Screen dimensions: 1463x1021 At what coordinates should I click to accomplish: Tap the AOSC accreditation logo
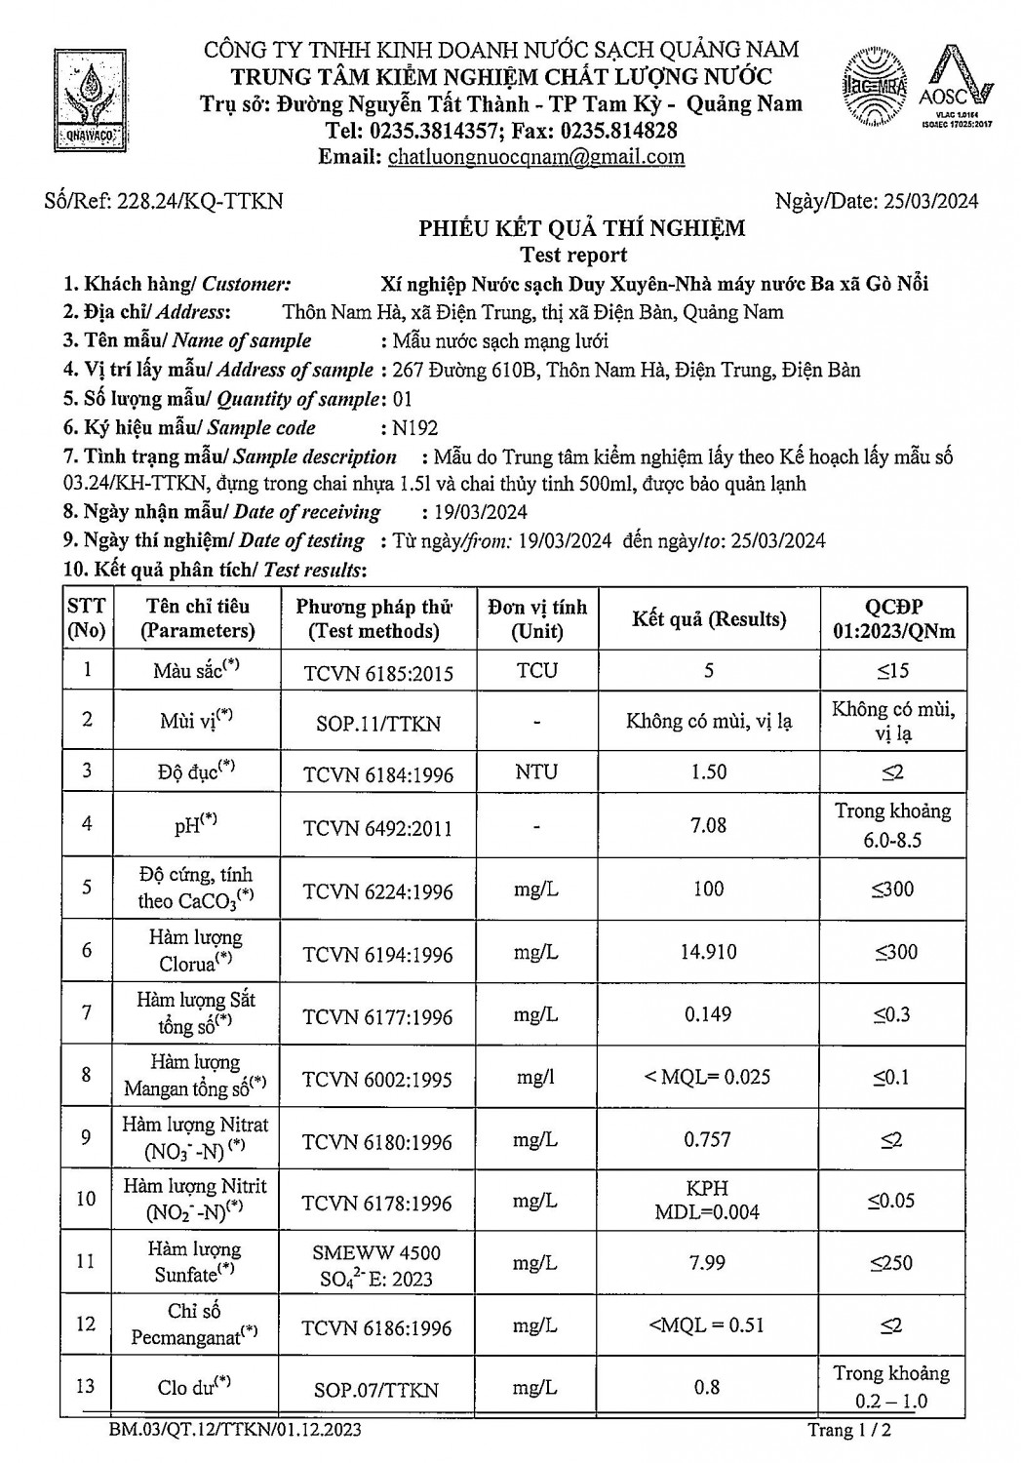click(x=961, y=87)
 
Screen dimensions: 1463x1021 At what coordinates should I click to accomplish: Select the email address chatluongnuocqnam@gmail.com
click(x=535, y=157)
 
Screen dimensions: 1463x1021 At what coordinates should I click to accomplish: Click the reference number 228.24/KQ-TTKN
click(x=200, y=201)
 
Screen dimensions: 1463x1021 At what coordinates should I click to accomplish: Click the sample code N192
click(x=414, y=427)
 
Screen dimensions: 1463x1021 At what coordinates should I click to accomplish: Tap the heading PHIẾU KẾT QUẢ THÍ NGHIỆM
click(x=582, y=228)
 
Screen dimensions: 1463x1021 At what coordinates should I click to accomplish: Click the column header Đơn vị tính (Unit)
click(x=537, y=618)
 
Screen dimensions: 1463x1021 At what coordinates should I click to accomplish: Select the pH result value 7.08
click(x=708, y=825)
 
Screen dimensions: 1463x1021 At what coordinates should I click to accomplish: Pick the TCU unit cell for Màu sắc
click(x=537, y=670)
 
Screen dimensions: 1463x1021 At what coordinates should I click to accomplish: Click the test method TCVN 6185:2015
click(x=378, y=672)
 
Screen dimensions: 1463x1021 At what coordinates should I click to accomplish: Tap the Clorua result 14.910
click(x=708, y=951)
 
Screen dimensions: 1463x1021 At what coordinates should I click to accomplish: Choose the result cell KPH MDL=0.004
click(x=708, y=1201)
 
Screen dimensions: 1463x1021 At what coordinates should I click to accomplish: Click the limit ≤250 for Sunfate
click(x=892, y=1263)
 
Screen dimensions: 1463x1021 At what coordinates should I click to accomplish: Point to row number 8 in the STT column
click(x=88, y=1075)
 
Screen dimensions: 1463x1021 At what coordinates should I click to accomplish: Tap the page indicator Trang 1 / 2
click(x=849, y=1431)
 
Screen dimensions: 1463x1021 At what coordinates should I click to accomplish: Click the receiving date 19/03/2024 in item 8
click(x=475, y=512)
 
